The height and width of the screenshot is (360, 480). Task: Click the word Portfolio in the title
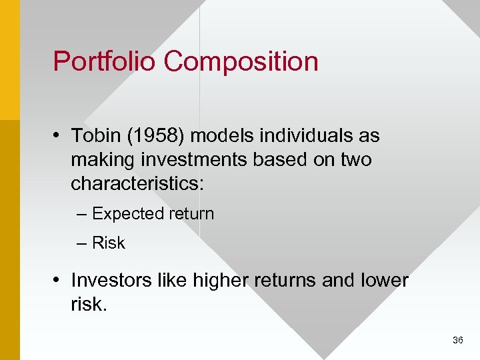coord(105,61)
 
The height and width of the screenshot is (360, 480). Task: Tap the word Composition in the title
coord(241,62)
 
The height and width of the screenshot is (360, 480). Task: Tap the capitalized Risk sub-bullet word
coord(109,243)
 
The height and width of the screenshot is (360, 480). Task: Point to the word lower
coord(385,280)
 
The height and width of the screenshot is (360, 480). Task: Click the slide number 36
coord(457,340)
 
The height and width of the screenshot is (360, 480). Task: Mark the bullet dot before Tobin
coord(59,137)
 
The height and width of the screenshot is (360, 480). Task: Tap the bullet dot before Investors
coord(59,281)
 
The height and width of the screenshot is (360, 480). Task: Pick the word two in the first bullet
coord(355,160)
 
